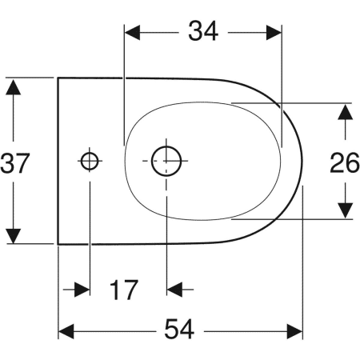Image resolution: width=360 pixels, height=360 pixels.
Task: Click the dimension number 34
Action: coord(203,31)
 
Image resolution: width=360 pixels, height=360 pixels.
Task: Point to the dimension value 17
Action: coord(124,289)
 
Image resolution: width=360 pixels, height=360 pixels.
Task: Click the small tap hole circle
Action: coord(89,161)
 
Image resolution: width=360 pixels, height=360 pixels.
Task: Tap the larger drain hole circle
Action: coord(166,161)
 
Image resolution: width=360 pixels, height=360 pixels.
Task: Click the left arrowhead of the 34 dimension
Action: coord(134,31)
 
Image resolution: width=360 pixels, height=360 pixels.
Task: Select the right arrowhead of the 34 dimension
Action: coord(274,31)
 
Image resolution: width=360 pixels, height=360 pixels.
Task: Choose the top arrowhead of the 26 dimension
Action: coord(345,113)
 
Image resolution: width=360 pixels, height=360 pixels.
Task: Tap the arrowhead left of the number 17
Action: coord(79,289)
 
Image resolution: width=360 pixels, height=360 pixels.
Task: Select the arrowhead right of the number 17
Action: coord(175,289)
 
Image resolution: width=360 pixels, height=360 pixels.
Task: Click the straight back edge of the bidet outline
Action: coord(58,161)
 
